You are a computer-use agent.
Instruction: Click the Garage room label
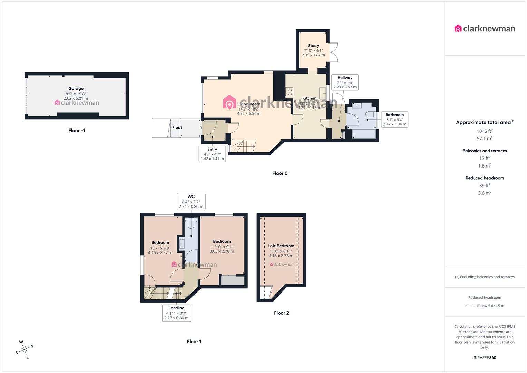pyautogui.click(x=76, y=89)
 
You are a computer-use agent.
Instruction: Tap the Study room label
pyautogui.click(x=313, y=46)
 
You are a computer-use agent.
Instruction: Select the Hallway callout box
pyautogui.click(x=345, y=83)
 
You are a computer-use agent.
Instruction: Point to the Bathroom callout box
pyautogui.click(x=394, y=119)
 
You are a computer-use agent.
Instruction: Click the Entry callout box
pyautogui.click(x=212, y=154)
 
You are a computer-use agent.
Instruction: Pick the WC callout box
pyautogui.click(x=191, y=202)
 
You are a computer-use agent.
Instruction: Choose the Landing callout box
pyautogui.click(x=176, y=313)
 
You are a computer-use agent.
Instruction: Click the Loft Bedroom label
pyautogui.click(x=281, y=246)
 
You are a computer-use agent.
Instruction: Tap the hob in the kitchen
pyautogui.click(x=289, y=92)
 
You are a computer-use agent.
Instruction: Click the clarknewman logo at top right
pyautogui.click(x=485, y=29)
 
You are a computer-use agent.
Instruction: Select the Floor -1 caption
pyautogui.click(x=77, y=131)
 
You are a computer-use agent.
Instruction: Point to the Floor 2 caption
pyautogui.click(x=281, y=313)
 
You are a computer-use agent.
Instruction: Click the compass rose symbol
pyautogui.click(x=25, y=350)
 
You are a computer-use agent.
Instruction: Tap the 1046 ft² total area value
pyautogui.click(x=485, y=131)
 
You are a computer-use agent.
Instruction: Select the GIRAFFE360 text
pyautogui.click(x=485, y=358)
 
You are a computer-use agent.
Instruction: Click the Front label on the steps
pyautogui.click(x=177, y=128)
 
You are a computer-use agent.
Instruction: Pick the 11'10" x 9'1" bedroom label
pyautogui.click(x=222, y=247)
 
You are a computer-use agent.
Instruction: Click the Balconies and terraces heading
pyautogui.click(x=485, y=151)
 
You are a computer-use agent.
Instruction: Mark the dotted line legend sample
pyautogui.click(x=470, y=306)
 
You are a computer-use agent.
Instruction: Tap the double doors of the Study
pyautogui.click(x=333, y=52)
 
